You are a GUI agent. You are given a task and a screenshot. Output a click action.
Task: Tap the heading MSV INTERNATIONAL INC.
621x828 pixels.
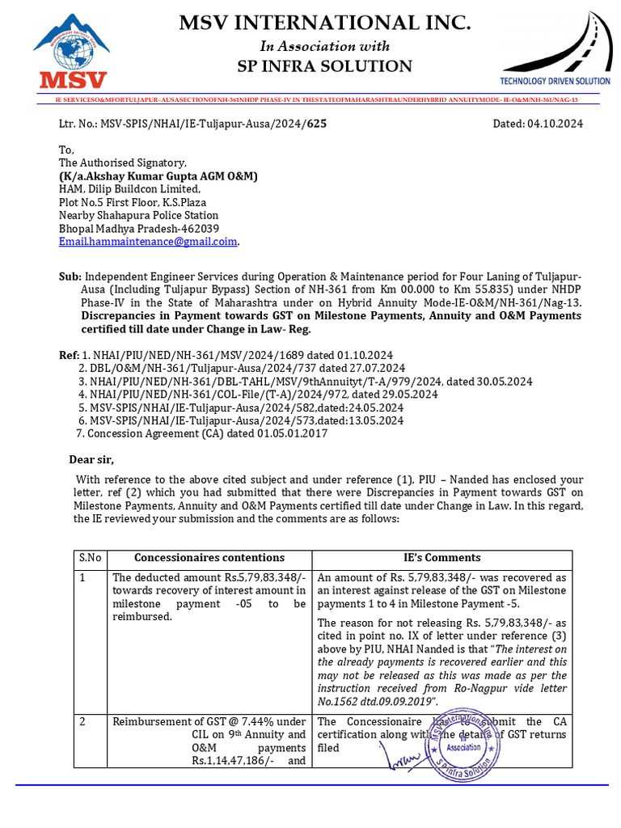tap(324, 23)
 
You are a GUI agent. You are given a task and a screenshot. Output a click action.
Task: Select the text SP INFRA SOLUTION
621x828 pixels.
tap(324, 66)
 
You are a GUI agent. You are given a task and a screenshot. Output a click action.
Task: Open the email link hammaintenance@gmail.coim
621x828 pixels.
tap(149, 241)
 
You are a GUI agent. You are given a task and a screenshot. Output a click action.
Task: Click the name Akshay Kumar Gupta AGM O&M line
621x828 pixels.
tap(158, 176)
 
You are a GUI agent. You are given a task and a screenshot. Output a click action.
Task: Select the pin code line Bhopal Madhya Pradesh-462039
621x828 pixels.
tap(138, 228)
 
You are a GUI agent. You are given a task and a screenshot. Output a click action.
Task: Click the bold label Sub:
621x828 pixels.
tap(70, 277)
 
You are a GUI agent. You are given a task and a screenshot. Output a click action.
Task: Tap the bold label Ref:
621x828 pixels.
tap(69, 355)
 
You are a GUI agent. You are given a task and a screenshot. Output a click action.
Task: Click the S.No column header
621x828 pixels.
tap(90, 558)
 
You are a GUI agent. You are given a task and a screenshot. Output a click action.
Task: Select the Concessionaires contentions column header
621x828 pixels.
tap(209, 558)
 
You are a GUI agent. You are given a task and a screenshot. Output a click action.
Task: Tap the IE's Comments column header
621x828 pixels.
tap(441, 558)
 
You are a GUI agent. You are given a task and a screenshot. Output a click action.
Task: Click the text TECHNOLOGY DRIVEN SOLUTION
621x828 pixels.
tap(555, 81)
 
